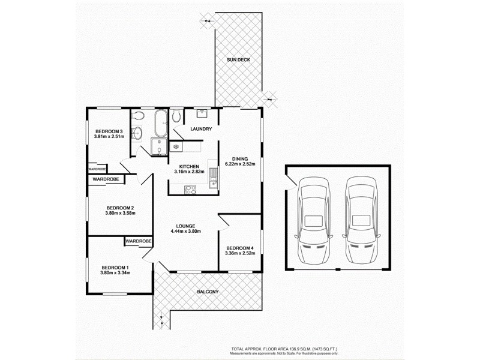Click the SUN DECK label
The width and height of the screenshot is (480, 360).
(x=238, y=60)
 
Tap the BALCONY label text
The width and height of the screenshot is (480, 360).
(x=208, y=292)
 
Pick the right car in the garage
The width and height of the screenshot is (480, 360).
(x=361, y=220)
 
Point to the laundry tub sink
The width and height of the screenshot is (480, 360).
(x=202, y=112)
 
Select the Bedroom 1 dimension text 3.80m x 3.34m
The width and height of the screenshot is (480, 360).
(x=116, y=273)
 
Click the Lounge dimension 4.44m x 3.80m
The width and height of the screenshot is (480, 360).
(x=185, y=232)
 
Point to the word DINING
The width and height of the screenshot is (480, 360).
(x=240, y=159)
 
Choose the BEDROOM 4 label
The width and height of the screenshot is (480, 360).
(x=240, y=248)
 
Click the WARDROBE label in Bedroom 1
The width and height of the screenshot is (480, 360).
(x=138, y=241)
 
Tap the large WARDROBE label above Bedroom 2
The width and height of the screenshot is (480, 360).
(x=106, y=179)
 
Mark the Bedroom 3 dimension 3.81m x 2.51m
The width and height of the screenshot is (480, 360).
(x=109, y=137)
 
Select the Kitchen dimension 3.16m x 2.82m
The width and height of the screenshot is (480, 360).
(x=189, y=172)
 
